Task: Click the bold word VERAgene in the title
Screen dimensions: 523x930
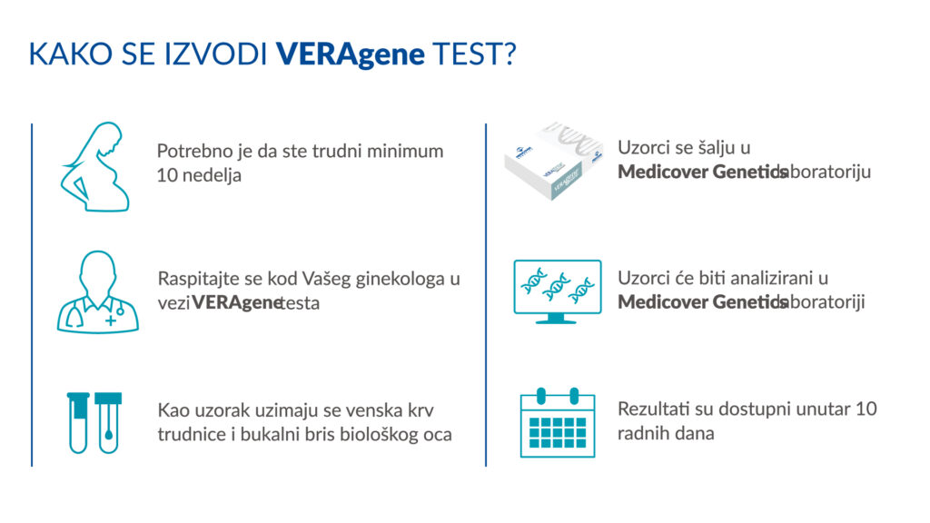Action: coord(351,54)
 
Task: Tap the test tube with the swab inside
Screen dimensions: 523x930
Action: coord(109,422)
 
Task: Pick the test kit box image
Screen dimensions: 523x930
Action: coord(554,161)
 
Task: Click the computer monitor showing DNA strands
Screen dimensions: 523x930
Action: coord(557,291)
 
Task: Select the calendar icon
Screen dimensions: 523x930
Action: coord(557,422)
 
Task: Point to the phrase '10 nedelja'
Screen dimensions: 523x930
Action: coord(199,176)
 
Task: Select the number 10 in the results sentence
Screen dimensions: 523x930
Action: coord(866,409)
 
